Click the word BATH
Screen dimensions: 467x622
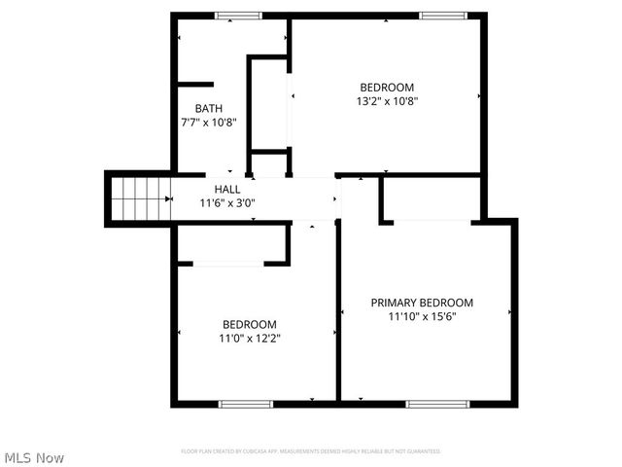(209, 108)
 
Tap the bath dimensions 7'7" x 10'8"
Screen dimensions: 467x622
(209, 123)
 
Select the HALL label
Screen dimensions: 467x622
(227, 189)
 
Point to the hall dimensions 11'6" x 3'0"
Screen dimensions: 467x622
(227, 203)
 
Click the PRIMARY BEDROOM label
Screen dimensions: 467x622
(422, 303)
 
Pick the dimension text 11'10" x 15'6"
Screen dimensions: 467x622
(422, 316)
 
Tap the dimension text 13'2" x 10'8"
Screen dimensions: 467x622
(387, 99)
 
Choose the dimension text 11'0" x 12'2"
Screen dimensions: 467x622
(250, 339)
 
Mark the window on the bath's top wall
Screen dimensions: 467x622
(238, 15)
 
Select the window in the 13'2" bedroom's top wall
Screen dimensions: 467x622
(443, 15)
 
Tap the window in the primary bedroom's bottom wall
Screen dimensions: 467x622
(431, 403)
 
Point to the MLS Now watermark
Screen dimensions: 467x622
(34, 457)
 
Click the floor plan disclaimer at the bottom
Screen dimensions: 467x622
(311, 451)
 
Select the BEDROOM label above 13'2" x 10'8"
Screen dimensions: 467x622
(387, 86)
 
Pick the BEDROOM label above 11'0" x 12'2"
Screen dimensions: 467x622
(250, 324)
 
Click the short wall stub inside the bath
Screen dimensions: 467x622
(193, 85)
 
